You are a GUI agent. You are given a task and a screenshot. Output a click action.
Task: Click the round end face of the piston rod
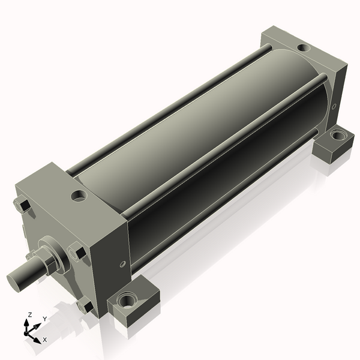click(14, 283)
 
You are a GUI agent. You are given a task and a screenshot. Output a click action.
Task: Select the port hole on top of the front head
click(79, 196)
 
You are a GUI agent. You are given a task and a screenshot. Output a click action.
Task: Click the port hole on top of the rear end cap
click(304, 48)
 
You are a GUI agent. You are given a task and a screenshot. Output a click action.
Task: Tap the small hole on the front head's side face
click(123, 264)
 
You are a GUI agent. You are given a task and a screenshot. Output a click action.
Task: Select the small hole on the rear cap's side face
click(334, 106)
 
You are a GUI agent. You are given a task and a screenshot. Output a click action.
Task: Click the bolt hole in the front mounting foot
click(127, 299)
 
